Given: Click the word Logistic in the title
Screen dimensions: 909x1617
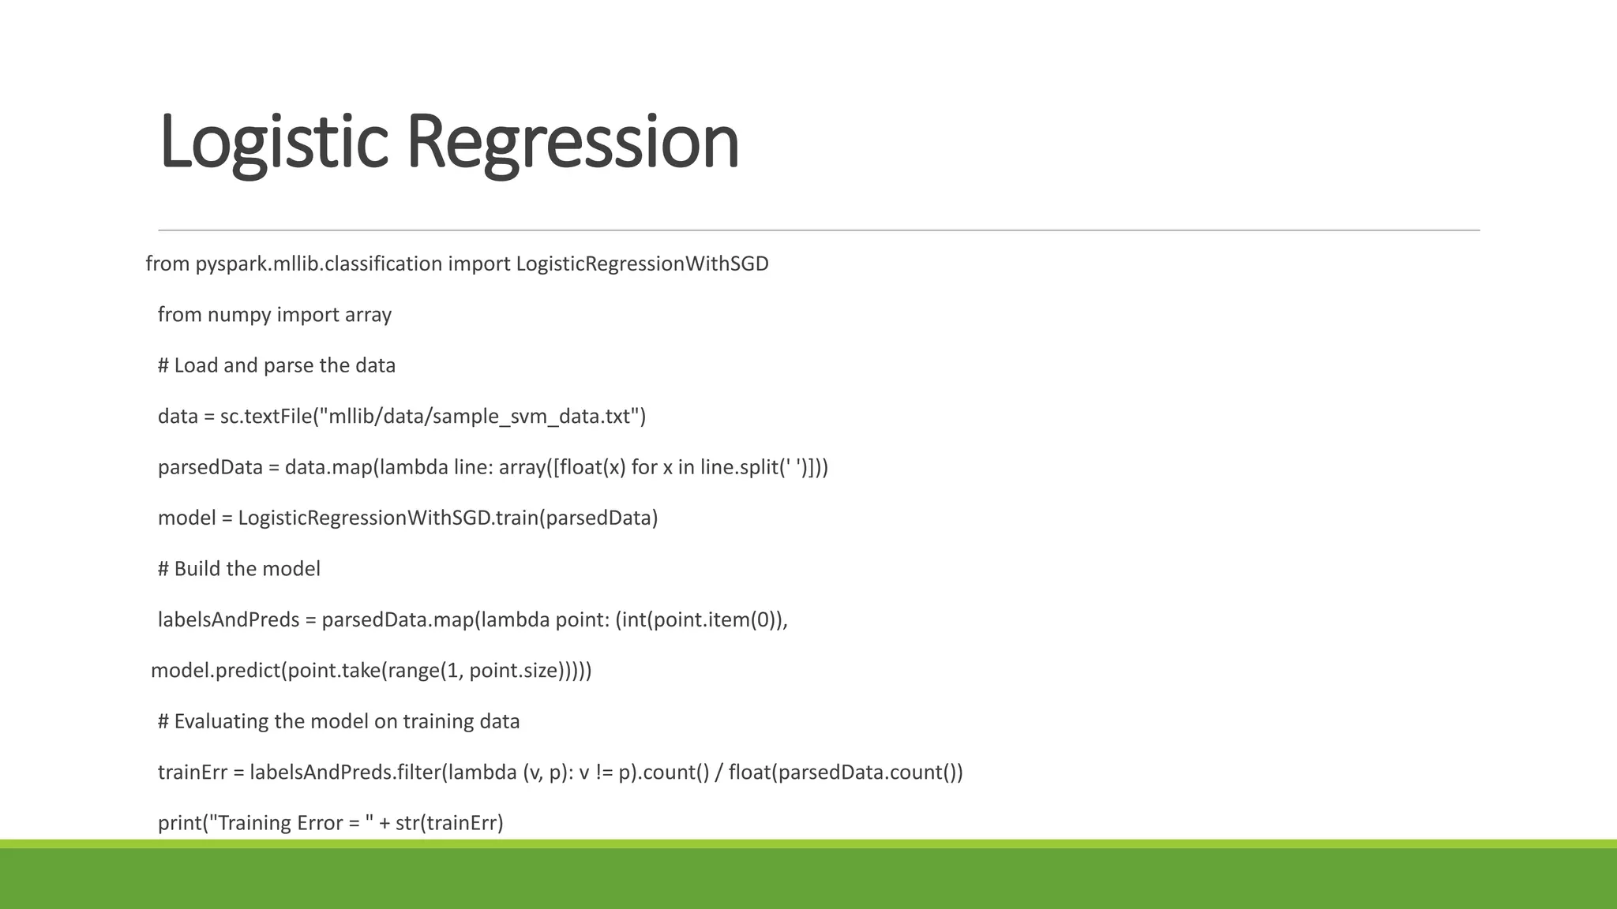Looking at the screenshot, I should click(273, 142).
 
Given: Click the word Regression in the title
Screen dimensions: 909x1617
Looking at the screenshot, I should click(572, 142).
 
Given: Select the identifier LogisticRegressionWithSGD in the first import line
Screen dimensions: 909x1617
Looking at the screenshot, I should click(642, 264).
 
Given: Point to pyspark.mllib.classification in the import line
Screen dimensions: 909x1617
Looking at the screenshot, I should click(319, 264).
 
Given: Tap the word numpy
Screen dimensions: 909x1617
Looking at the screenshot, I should click(239, 315).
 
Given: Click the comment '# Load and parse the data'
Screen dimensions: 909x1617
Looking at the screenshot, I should click(276, 365).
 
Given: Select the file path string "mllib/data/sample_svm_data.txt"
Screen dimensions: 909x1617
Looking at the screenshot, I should click(479, 416).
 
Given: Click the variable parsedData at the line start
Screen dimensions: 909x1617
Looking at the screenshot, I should click(210, 467).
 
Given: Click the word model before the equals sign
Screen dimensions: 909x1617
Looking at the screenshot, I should click(186, 518).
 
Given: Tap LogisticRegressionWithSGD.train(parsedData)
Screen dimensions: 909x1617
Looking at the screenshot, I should click(448, 518).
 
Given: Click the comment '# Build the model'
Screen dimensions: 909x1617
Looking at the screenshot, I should click(239, 569).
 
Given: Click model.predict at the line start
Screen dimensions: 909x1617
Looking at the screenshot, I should click(215, 671).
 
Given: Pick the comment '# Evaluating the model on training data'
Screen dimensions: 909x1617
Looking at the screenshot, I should click(339, 721).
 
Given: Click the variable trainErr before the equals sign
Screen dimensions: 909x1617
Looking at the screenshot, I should click(192, 772).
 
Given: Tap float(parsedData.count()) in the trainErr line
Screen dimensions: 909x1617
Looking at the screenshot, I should click(845, 772).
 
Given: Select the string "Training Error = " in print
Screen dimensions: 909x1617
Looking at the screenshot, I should click(295, 823).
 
